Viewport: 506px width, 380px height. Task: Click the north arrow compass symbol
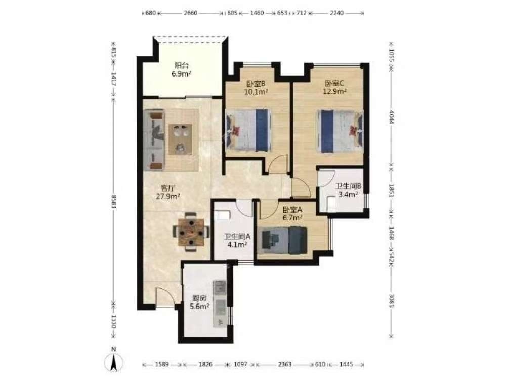(x=113, y=362)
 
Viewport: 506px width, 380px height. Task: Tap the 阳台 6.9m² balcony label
(x=181, y=69)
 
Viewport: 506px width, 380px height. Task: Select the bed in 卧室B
(x=248, y=130)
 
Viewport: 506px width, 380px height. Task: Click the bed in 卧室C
(x=340, y=131)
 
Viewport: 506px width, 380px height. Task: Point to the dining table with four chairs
(x=191, y=232)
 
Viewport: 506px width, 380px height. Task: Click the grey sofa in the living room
(x=154, y=140)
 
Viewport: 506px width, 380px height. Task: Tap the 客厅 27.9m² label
(x=168, y=192)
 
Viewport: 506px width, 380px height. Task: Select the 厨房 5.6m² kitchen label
(x=199, y=302)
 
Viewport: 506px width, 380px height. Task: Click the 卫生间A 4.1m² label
(x=237, y=240)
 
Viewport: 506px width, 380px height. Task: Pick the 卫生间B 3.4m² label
(x=348, y=191)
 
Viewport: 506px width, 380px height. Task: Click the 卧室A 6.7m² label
(x=292, y=214)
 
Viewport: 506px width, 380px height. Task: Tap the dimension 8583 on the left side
(x=113, y=201)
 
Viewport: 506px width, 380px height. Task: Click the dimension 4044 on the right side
(x=391, y=118)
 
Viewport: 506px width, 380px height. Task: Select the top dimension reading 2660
(x=190, y=13)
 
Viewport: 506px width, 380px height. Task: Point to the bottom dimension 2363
(x=284, y=364)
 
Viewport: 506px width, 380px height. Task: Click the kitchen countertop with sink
(x=220, y=303)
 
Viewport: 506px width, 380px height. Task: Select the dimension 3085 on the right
(x=391, y=300)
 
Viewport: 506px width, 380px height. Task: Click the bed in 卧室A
(x=284, y=240)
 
